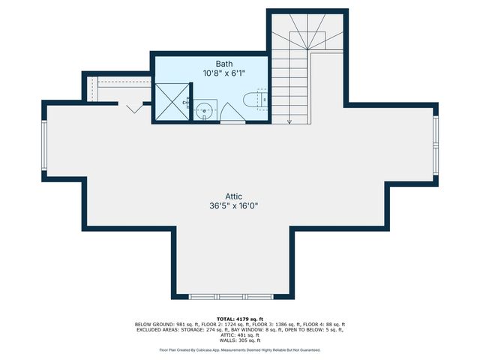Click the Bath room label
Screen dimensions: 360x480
(x=224, y=64)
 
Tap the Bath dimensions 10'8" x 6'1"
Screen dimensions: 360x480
(x=224, y=73)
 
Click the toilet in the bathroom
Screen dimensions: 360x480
(x=257, y=98)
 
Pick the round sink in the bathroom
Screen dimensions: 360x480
(x=202, y=110)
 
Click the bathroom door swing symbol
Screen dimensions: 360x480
(x=231, y=112)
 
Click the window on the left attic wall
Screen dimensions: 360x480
(x=44, y=147)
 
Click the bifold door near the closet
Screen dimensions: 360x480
(x=135, y=108)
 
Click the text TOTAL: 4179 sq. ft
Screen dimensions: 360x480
(x=239, y=319)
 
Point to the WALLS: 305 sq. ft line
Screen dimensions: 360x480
(x=239, y=340)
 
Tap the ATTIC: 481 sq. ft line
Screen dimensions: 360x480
(x=239, y=334)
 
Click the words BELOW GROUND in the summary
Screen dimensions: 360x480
(x=152, y=324)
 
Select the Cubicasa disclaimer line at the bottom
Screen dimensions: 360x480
(x=239, y=349)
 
